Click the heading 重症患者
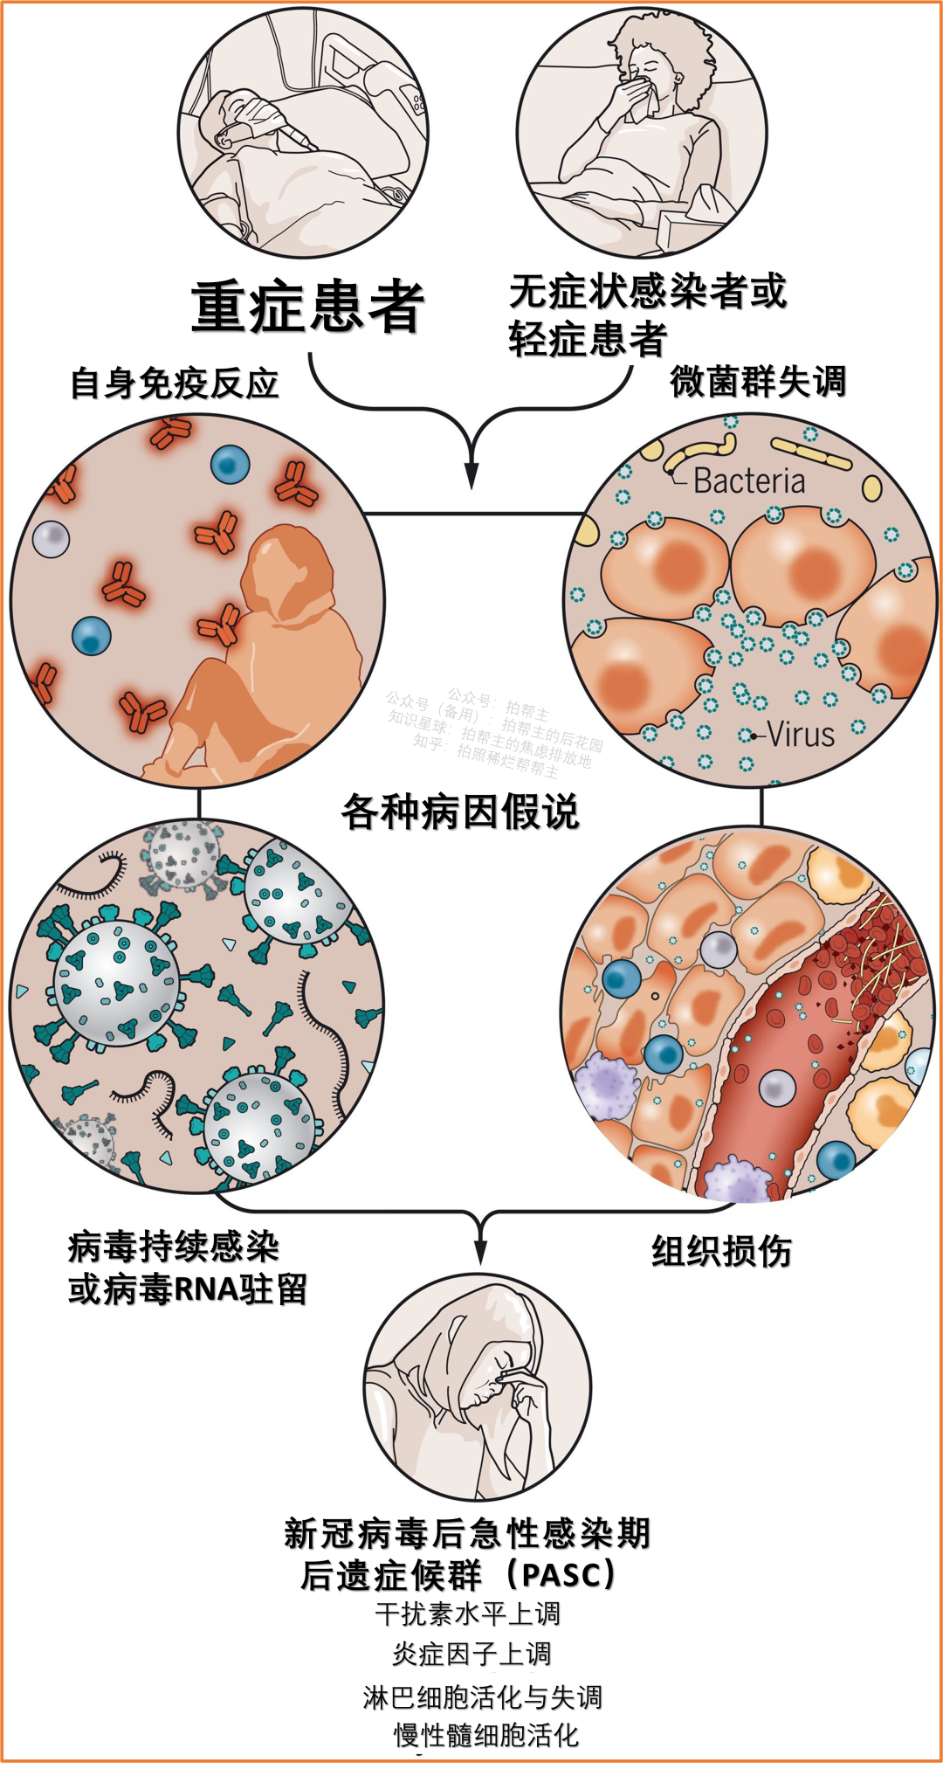(307, 308)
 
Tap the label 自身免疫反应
(175, 384)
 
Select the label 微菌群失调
(758, 382)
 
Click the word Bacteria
(749, 481)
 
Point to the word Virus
(801, 735)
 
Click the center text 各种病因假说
(460, 812)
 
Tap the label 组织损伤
(721, 1251)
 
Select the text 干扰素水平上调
(468, 1614)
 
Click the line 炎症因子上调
(471, 1654)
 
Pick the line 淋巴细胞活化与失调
(482, 1696)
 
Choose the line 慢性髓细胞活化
(486, 1735)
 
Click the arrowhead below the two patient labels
(471, 476)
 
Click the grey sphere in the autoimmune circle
(51, 538)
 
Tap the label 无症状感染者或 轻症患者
(646, 314)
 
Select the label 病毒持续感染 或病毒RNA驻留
(187, 1268)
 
